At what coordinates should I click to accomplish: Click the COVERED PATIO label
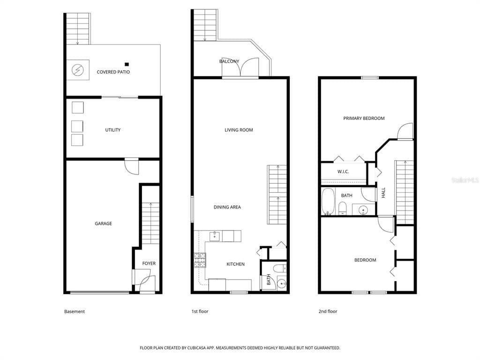coord(113,72)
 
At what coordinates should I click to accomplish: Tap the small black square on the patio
coord(127,64)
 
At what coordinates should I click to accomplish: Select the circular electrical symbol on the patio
coord(77,70)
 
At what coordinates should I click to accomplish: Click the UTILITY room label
coord(113,130)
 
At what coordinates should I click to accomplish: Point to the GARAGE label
coord(104,224)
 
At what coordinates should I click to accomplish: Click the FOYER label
coord(149,263)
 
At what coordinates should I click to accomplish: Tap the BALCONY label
coord(229,61)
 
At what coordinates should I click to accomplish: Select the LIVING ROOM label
coord(239,130)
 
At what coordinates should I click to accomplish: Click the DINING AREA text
coord(227,207)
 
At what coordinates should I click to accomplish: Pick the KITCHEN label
coord(235,264)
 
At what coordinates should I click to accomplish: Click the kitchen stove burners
coord(200,260)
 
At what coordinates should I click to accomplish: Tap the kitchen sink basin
coord(214,236)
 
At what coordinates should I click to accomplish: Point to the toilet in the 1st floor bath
coord(279,269)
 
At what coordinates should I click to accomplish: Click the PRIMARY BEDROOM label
coord(364,118)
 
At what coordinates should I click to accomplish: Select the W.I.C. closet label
coord(343,172)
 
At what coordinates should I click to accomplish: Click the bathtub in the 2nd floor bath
coord(328,202)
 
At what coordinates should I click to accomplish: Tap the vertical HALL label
coord(383,193)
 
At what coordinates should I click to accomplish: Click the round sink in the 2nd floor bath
coord(363,210)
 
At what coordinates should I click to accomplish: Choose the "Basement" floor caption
coord(75,311)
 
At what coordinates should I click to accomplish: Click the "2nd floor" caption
coord(328,311)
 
